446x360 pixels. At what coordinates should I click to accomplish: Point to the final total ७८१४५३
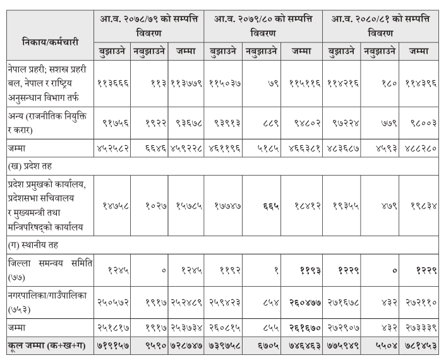coord(423,347)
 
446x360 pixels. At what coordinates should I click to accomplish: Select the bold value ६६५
coord(265,205)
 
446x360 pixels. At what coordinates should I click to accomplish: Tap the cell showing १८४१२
coord(305,205)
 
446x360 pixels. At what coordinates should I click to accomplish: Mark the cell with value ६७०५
coord(265,347)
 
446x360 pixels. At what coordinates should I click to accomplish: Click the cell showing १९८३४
coord(423,205)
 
